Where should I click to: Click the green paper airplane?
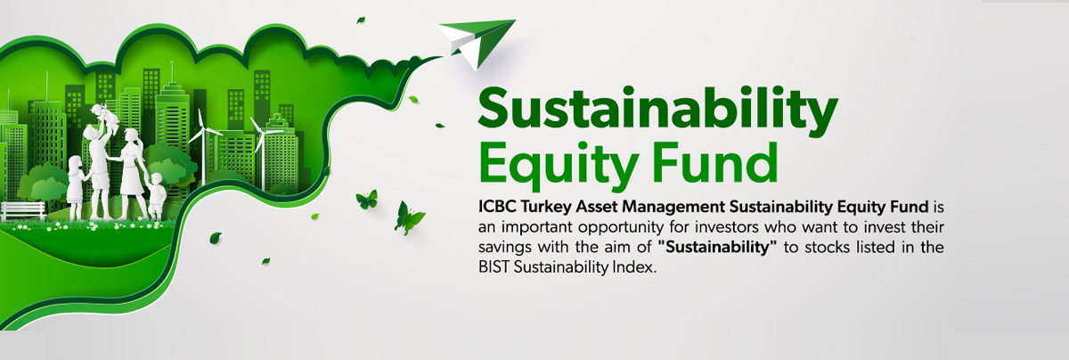(477, 43)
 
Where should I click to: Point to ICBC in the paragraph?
(497, 207)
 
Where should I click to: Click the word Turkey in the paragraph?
(546, 208)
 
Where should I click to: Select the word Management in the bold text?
(673, 208)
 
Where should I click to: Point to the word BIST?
(494, 267)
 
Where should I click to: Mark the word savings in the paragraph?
(505, 249)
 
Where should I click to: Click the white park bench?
(23, 211)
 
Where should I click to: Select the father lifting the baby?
(99, 172)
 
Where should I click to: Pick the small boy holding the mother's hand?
(156, 196)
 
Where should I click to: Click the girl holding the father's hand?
(77, 187)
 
